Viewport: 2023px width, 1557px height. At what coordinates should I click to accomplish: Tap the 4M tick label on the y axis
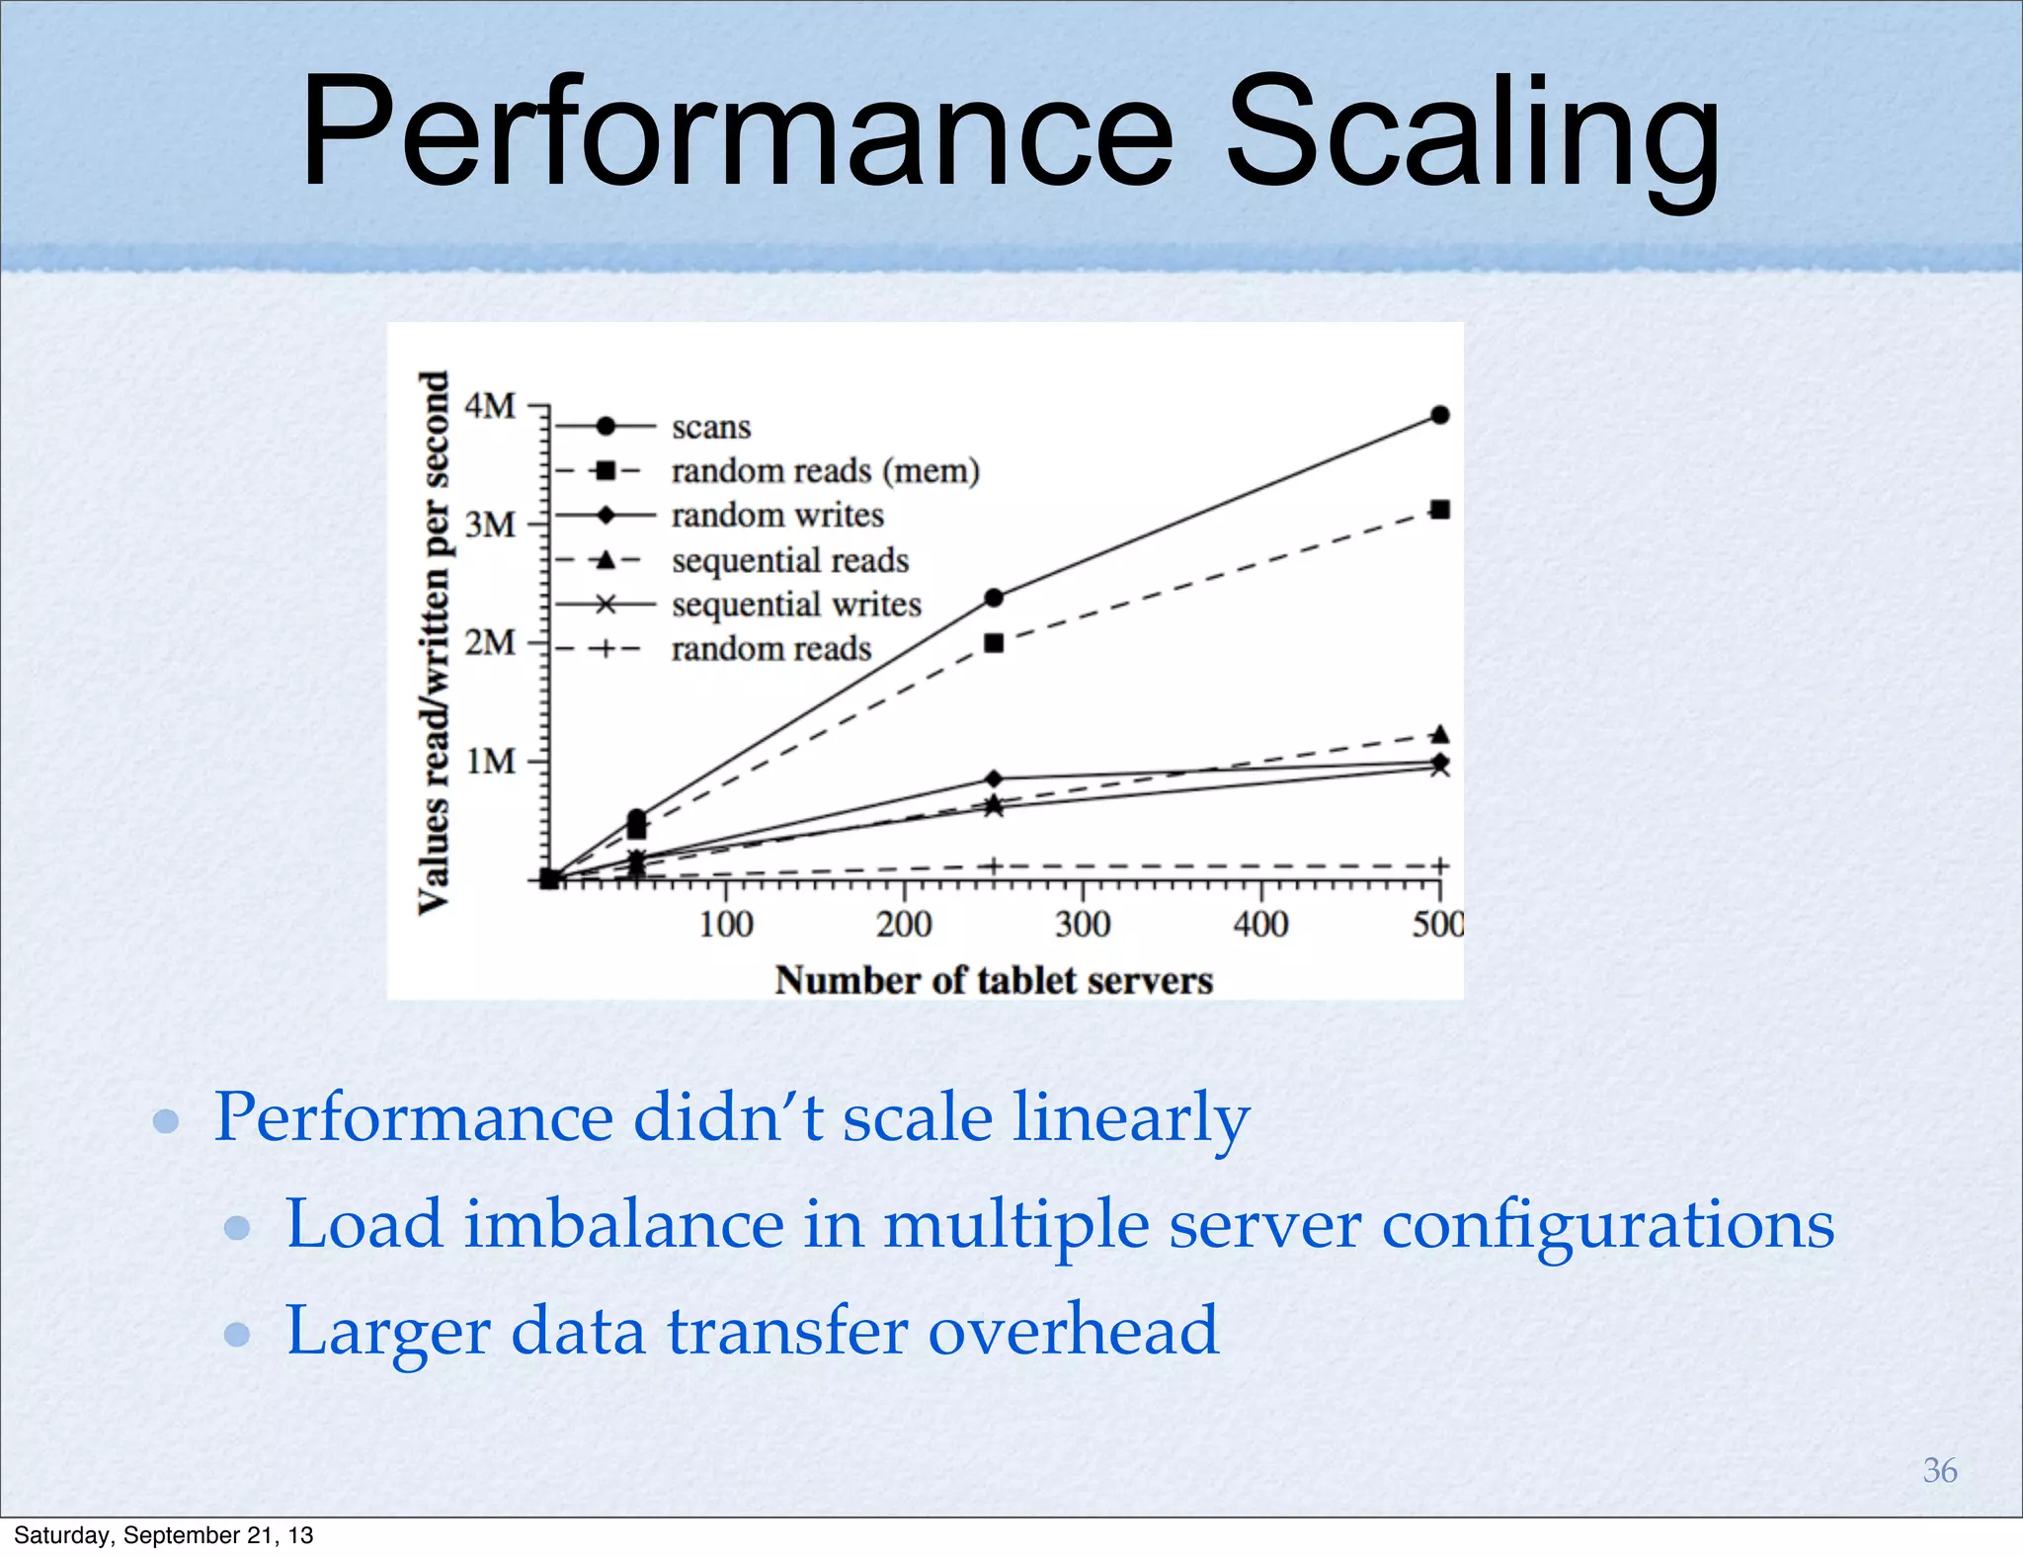[491, 405]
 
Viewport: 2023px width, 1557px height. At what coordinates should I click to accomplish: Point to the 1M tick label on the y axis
[491, 762]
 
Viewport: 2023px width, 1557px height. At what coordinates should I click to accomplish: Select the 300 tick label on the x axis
[1083, 925]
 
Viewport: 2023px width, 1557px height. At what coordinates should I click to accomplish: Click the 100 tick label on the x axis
[726, 925]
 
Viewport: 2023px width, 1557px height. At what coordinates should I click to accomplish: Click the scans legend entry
[711, 427]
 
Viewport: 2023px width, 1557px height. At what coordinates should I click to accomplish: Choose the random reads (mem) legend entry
[825, 471]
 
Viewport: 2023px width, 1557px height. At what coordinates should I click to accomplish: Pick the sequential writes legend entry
[796, 604]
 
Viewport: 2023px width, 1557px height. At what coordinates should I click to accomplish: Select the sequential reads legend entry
[790, 560]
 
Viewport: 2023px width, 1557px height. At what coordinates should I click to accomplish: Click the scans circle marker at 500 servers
[1440, 415]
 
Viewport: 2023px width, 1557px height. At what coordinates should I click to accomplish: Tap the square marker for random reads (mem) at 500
[1440, 510]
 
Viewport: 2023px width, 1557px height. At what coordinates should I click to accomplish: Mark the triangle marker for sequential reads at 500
[1440, 734]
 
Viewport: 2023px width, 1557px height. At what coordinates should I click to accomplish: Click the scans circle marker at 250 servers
[995, 598]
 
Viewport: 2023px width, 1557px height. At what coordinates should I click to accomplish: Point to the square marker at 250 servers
[995, 643]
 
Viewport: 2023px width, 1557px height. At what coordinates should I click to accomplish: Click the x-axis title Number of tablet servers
[994, 980]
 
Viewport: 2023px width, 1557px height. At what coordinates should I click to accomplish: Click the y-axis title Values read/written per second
[434, 642]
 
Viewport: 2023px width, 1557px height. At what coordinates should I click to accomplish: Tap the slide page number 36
[1939, 1470]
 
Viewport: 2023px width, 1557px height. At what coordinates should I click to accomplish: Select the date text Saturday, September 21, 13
[164, 1535]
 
